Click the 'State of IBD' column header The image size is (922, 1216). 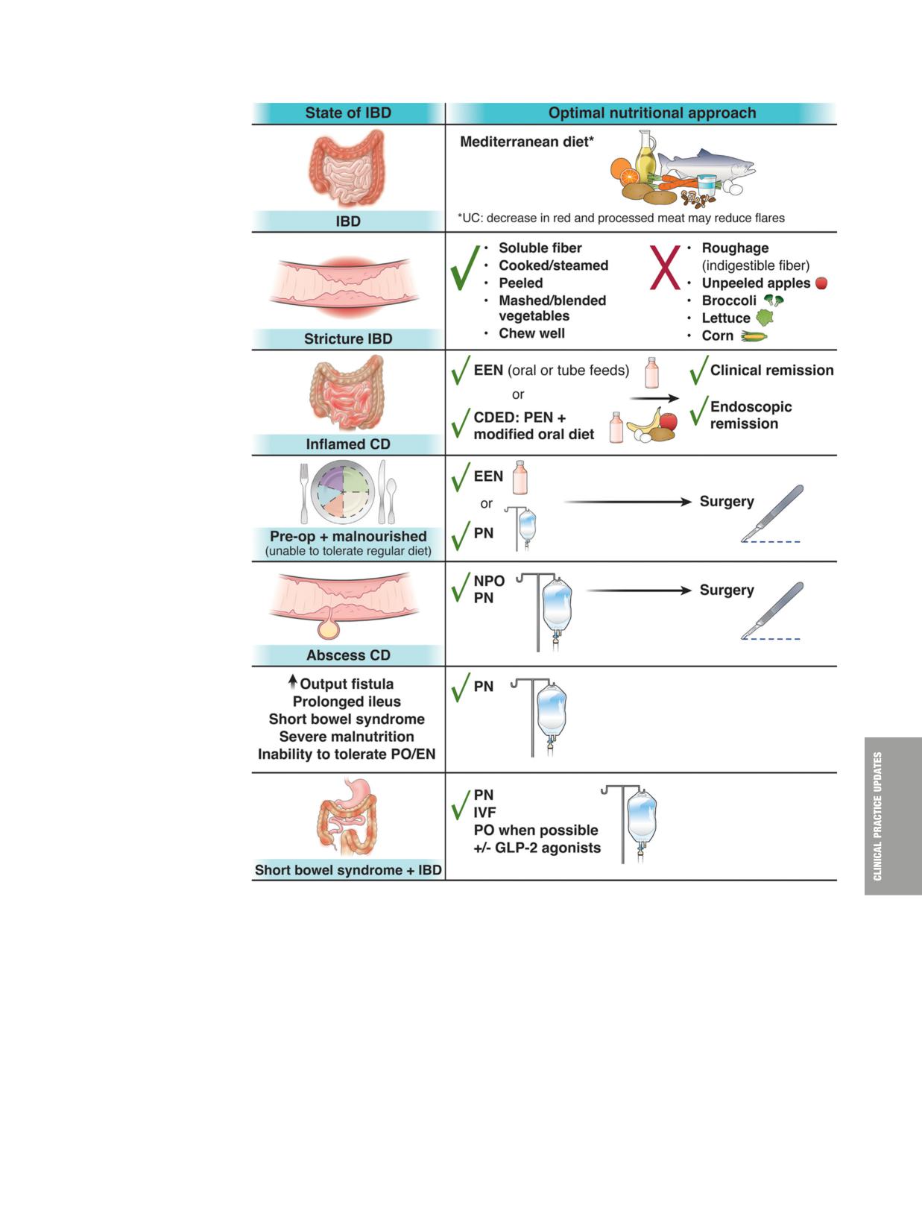point(348,113)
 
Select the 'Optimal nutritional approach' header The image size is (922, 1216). point(651,113)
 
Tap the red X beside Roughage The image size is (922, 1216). point(665,268)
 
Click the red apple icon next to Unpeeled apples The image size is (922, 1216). point(822,283)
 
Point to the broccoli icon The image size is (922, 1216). point(774,300)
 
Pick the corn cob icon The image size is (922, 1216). point(754,335)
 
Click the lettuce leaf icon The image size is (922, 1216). point(765,318)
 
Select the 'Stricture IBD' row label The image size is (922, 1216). point(348,338)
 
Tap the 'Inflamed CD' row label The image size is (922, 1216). point(348,444)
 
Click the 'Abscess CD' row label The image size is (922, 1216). point(348,655)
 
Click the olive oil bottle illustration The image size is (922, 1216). point(645,156)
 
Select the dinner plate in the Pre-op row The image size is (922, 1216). point(343,492)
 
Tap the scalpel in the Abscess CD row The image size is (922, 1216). point(772,611)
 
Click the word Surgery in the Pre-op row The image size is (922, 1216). point(727,501)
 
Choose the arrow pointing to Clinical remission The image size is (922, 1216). point(654,398)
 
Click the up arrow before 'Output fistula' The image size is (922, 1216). point(293,681)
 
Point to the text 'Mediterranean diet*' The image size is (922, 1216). point(527,142)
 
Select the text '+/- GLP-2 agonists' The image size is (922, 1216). point(537,848)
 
